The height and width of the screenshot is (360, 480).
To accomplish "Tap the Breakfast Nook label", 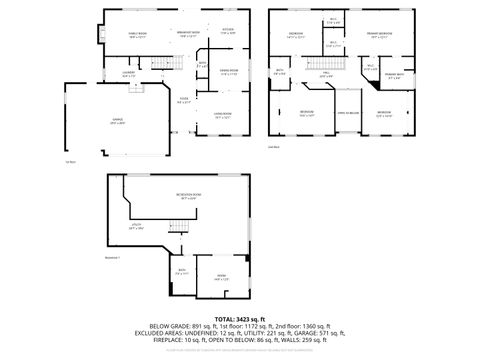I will (x=187, y=32).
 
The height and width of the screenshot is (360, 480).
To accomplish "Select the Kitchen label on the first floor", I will (x=228, y=32).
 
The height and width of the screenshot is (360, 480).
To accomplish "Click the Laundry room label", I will (x=128, y=73).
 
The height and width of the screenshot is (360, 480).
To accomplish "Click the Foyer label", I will (x=184, y=99).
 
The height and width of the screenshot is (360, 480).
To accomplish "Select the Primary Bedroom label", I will (x=381, y=34).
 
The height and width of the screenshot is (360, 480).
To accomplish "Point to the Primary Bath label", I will (x=395, y=75).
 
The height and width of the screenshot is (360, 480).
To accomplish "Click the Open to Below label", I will (x=347, y=113).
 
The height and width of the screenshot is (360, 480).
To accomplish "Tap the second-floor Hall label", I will (x=326, y=73).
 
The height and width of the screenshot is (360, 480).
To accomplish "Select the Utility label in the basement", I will (x=137, y=227).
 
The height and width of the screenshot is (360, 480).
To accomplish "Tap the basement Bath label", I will (x=182, y=270).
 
